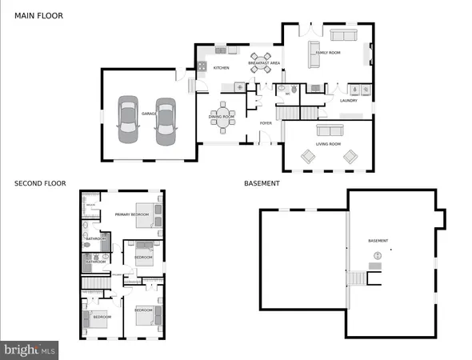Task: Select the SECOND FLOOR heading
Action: pos(40,183)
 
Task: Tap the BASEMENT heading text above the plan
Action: pos(262,183)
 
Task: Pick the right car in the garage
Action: pos(166,119)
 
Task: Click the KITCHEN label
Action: pos(221,68)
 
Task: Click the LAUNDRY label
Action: pos(347,101)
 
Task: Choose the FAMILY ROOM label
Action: pos(328,52)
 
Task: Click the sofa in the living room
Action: pos(329,130)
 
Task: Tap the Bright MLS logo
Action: pos(30,350)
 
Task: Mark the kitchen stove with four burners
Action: pos(204,66)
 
